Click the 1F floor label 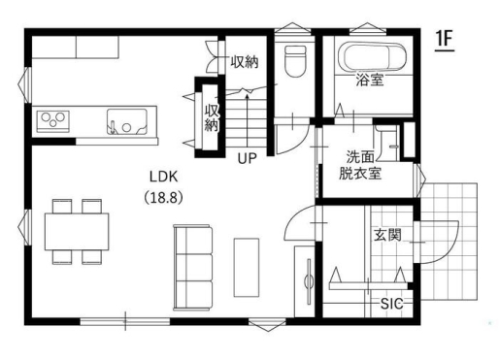click(x=445, y=40)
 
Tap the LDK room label click(x=164, y=177)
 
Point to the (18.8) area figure click(x=163, y=197)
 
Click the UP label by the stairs click(x=248, y=158)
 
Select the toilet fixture click(x=295, y=61)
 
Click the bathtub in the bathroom click(x=372, y=56)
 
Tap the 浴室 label click(x=370, y=80)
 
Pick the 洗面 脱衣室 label click(x=360, y=165)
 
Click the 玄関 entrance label click(x=387, y=235)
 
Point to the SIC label click(x=391, y=304)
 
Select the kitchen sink click(x=127, y=121)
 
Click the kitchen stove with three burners click(x=53, y=121)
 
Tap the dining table click(x=77, y=232)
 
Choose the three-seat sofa click(x=193, y=268)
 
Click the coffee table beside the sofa click(x=247, y=268)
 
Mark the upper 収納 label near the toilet click(x=245, y=62)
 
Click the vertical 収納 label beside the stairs click(x=212, y=117)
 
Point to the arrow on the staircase click(x=248, y=119)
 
